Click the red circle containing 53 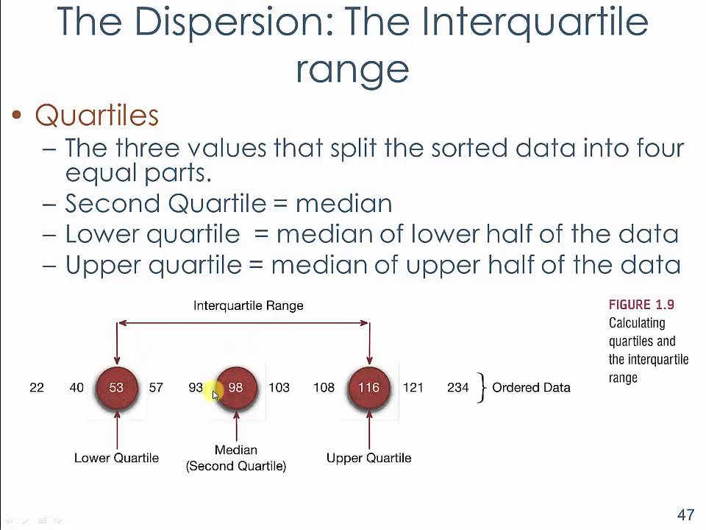pos(116,387)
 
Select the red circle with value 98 pos(236,387)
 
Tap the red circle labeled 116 pos(368,387)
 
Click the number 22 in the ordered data pos(37,387)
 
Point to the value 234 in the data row pos(457,387)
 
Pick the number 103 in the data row pos(279,387)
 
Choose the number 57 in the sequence pos(156,387)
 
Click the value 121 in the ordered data pos(413,387)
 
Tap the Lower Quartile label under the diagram pos(116,458)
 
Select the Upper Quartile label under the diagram pos(368,458)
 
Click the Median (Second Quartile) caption pos(236,458)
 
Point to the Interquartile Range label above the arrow pos(248,305)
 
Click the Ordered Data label pos(531,387)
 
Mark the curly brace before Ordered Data pos(482,387)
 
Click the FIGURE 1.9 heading pos(641,305)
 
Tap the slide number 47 pos(685,515)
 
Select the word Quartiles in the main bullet pos(96,116)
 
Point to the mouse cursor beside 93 pos(215,395)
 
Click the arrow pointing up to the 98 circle pos(236,427)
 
